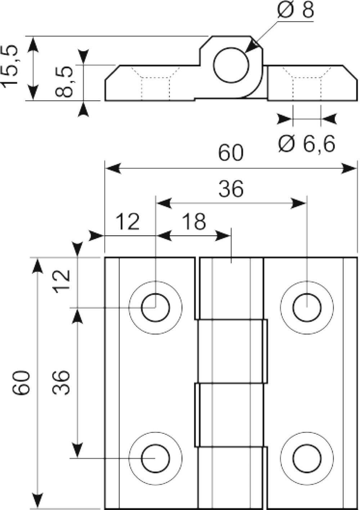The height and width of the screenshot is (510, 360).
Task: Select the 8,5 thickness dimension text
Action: [x=64, y=82]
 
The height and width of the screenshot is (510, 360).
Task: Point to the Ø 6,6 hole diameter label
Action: [x=307, y=144]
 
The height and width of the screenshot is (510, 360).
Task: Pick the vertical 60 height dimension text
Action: [x=21, y=383]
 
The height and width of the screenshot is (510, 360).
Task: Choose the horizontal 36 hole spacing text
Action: [x=231, y=188]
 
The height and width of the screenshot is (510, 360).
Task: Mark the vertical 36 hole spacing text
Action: [x=60, y=383]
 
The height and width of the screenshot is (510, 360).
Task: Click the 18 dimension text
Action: [x=194, y=222]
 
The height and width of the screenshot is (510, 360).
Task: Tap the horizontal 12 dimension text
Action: [x=127, y=222]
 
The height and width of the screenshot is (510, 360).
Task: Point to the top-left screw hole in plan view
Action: [x=156, y=308]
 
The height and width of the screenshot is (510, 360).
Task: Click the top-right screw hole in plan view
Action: [x=307, y=308]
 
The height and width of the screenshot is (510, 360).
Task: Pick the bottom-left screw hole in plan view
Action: [x=156, y=459]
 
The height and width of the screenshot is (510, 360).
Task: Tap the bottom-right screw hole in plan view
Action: [x=307, y=459]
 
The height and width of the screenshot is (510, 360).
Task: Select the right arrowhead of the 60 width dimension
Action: [x=348, y=168]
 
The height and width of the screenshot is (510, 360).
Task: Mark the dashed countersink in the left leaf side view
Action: [x=156, y=83]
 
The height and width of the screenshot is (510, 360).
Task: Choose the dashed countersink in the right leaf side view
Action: [x=307, y=83]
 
